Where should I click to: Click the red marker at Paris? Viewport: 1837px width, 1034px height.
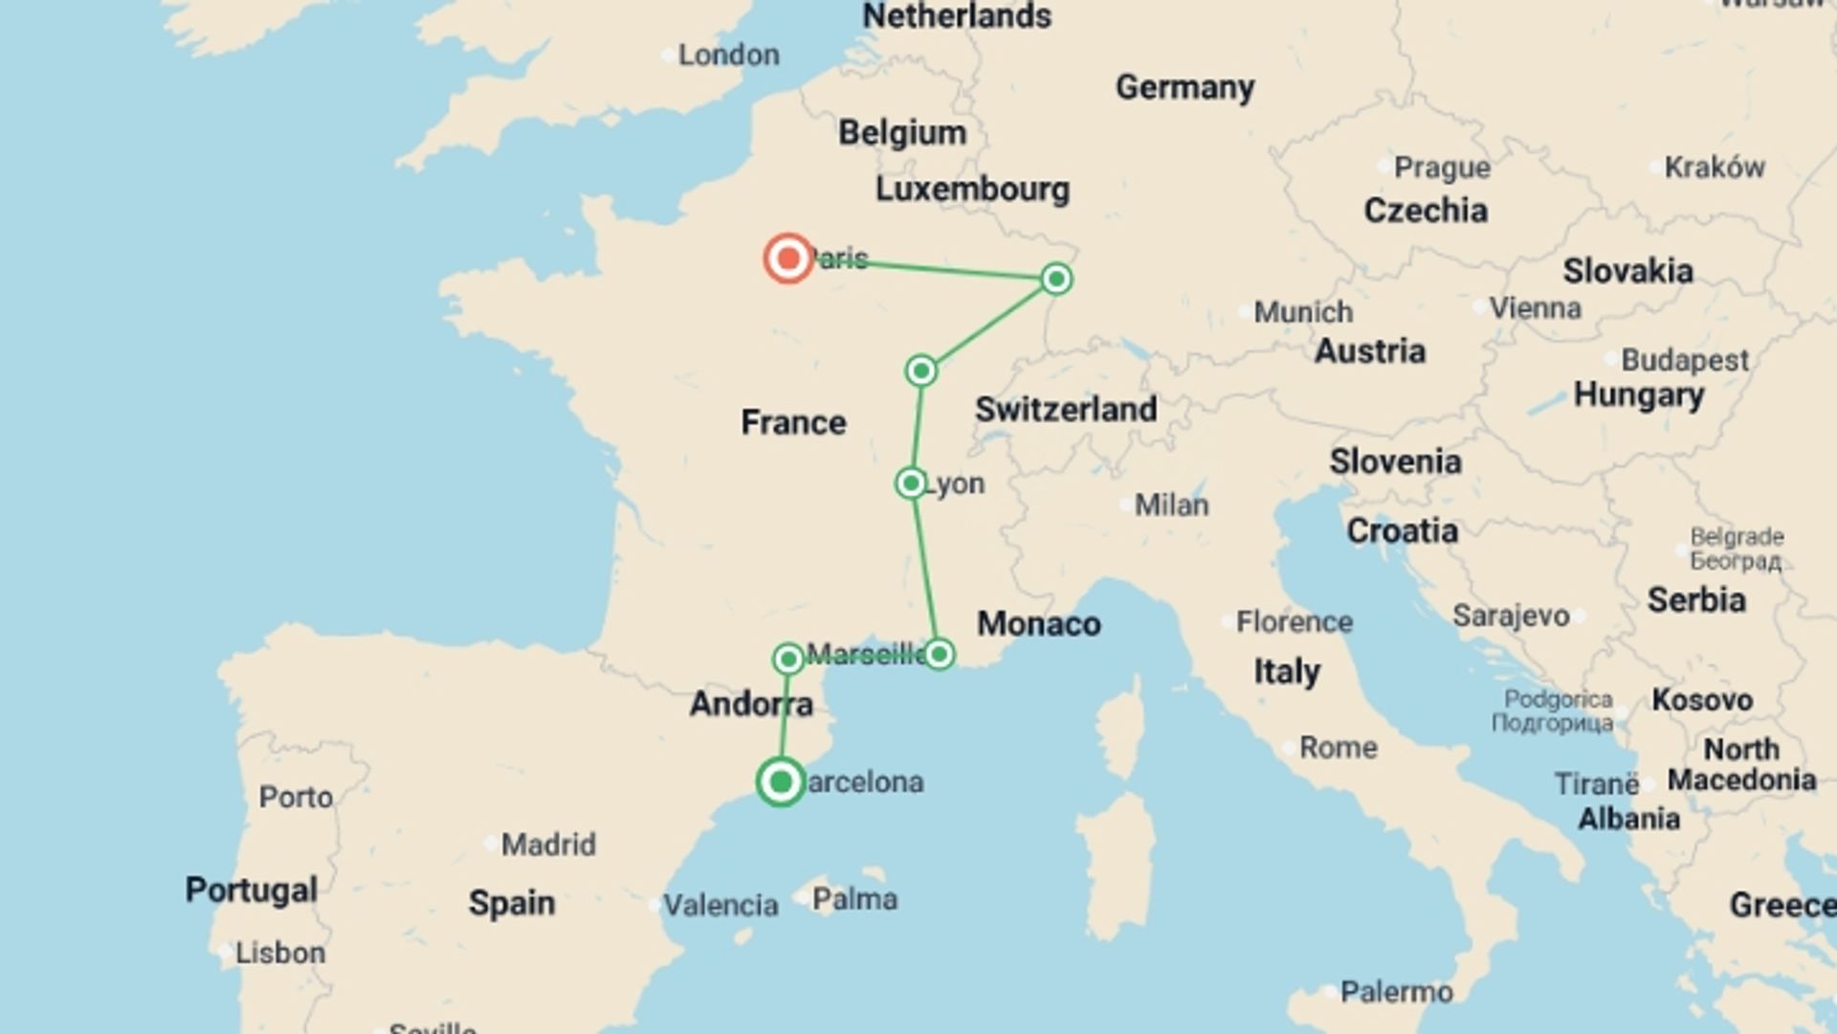(788, 258)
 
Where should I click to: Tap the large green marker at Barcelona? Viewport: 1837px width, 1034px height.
(781, 782)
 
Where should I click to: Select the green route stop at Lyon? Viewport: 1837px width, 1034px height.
(911, 483)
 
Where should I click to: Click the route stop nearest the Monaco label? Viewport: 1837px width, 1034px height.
(939, 654)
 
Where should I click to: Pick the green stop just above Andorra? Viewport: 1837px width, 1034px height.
(788, 659)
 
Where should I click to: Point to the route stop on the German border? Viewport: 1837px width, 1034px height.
(1056, 279)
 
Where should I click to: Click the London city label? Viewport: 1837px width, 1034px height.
(728, 56)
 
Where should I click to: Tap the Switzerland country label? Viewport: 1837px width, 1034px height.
(1066, 410)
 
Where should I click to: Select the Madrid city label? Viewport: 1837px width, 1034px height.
(548, 844)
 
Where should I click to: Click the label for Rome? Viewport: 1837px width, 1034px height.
(1338, 748)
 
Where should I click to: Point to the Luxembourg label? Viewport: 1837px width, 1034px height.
(972, 190)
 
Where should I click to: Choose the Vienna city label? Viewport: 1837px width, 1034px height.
(1535, 308)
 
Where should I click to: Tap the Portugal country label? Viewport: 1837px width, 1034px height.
(251, 889)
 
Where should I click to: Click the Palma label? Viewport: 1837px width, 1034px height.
(854, 900)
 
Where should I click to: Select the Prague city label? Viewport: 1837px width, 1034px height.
(1441, 168)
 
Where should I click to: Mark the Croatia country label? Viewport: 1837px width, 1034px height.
(1402, 531)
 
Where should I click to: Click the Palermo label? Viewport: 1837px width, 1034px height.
(1396, 992)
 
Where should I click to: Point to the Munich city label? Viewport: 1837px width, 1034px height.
(1302, 312)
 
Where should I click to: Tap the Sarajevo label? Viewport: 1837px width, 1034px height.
(1511, 616)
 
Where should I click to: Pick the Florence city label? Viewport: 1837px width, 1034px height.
(1294, 622)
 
